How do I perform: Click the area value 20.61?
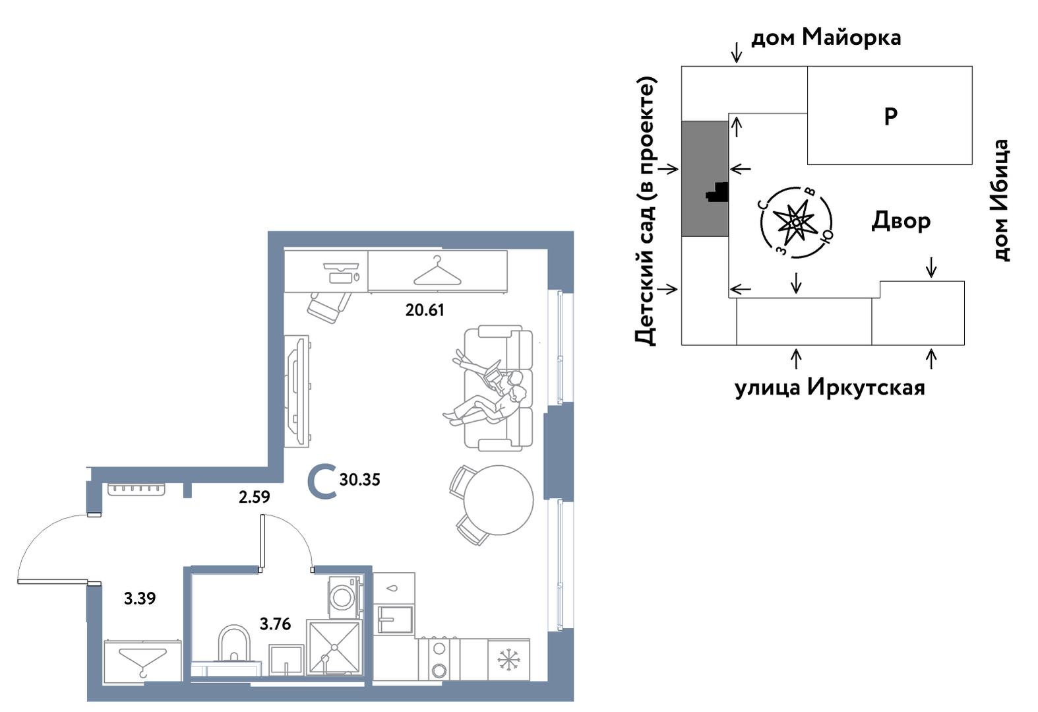pos(425,309)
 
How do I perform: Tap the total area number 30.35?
pos(359,480)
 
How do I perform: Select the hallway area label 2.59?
pos(254,496)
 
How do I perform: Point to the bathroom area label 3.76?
pos(275,624)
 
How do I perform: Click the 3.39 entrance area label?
pos(140,599)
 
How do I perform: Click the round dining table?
pos(498,500)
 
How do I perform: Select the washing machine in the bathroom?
pos(344,597)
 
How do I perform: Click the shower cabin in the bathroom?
pos(334,648)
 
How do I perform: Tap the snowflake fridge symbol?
pos(508,659)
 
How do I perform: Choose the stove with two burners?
pos(439,659)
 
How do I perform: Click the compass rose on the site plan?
pos(795,222)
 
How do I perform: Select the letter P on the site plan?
pos(890,116)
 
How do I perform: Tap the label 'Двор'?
pos(901,220)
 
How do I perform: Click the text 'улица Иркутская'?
pos(830,387)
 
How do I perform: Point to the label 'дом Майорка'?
pos(826,38)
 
